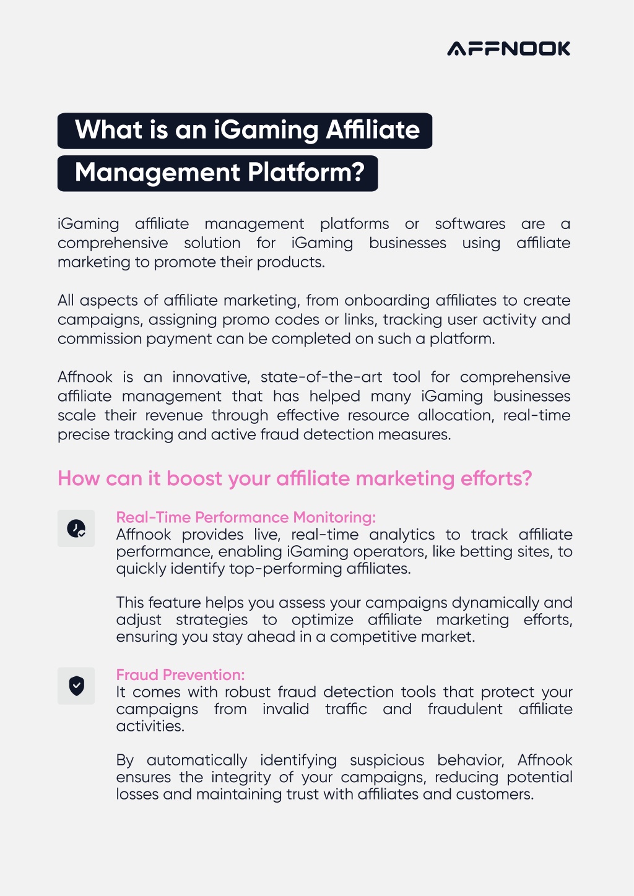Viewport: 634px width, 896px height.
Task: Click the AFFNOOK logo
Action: pos(508,48)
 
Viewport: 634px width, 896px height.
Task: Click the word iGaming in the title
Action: pos(266,131)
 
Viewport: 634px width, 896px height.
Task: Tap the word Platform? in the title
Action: pos(306,172)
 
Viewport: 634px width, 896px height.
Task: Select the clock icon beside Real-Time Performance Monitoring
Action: pos(76,528)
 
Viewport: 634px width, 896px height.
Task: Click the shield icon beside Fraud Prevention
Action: pos(76,686)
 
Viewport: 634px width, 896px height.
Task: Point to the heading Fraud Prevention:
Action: pos(181,675)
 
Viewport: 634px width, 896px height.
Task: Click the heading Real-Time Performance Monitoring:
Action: pos(246,517)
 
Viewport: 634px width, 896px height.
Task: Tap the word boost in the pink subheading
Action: pos(194,478)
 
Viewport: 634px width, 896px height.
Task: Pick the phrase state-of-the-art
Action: pos(321,377)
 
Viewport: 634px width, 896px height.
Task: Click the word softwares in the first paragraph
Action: pos(471,223)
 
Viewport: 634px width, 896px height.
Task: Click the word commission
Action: pos(100,339)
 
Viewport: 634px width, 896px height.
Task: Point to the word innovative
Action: pos(211,377)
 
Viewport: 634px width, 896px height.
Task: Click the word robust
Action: pos(248,692)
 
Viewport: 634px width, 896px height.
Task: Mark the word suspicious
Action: pos(386,760)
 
